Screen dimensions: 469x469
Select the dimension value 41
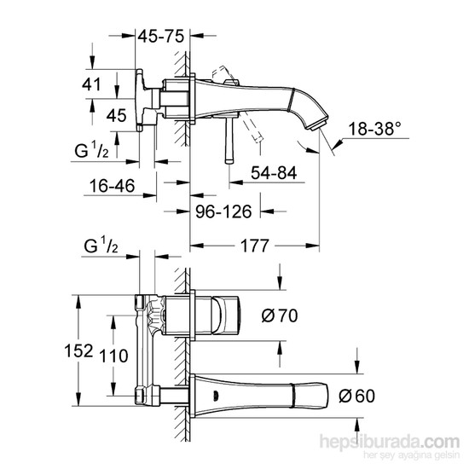pyautogui.click(x=92, y=84)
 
